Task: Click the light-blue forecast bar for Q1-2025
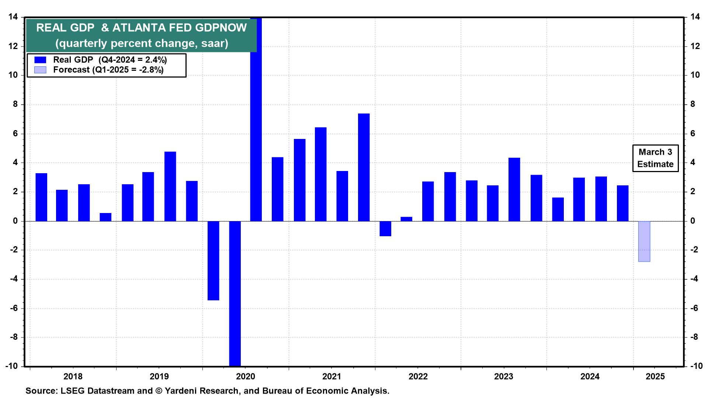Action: click(x=644, y=241)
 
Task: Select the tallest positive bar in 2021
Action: click(x=364, y=167)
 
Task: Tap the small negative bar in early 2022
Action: click(x=385, y=228)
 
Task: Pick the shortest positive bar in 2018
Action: click(x=105, y=217)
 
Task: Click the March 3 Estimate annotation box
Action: click(x=655, y=158)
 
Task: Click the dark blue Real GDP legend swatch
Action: click(x=40, y=60)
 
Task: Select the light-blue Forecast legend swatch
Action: click(x=40, y=70)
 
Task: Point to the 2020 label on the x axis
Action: click(x=246, y=377)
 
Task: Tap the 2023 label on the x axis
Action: click(x=504, y=377)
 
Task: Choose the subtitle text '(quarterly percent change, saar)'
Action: click(x=142, y=43)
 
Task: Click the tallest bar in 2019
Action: click(x=170, y=186)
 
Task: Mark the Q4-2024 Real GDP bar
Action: click(x=622, y=203)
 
